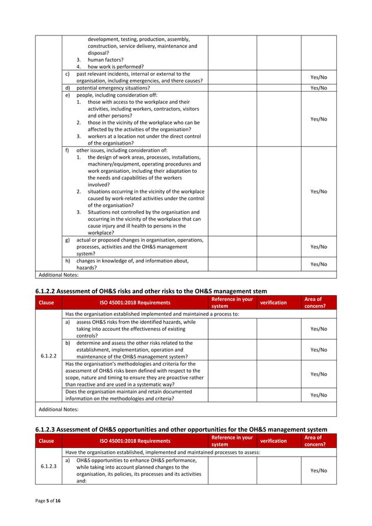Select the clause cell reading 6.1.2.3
click(48, 467)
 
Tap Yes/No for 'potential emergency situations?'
click(318, 88)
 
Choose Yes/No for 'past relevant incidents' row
click(318, 78)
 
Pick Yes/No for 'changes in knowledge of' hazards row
click(318, 264)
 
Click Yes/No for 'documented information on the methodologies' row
click(318, 395)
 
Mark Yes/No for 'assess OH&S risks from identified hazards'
click(318, 329)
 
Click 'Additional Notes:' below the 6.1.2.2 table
click(58, 410)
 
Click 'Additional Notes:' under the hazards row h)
click(58, 274)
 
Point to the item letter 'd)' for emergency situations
click(68, 88)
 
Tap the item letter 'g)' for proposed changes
click(68, 240)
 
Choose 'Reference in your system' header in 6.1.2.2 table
click(232, 302)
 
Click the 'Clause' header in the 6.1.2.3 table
click(48, 441)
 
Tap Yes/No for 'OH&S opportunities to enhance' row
click(318, 470)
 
